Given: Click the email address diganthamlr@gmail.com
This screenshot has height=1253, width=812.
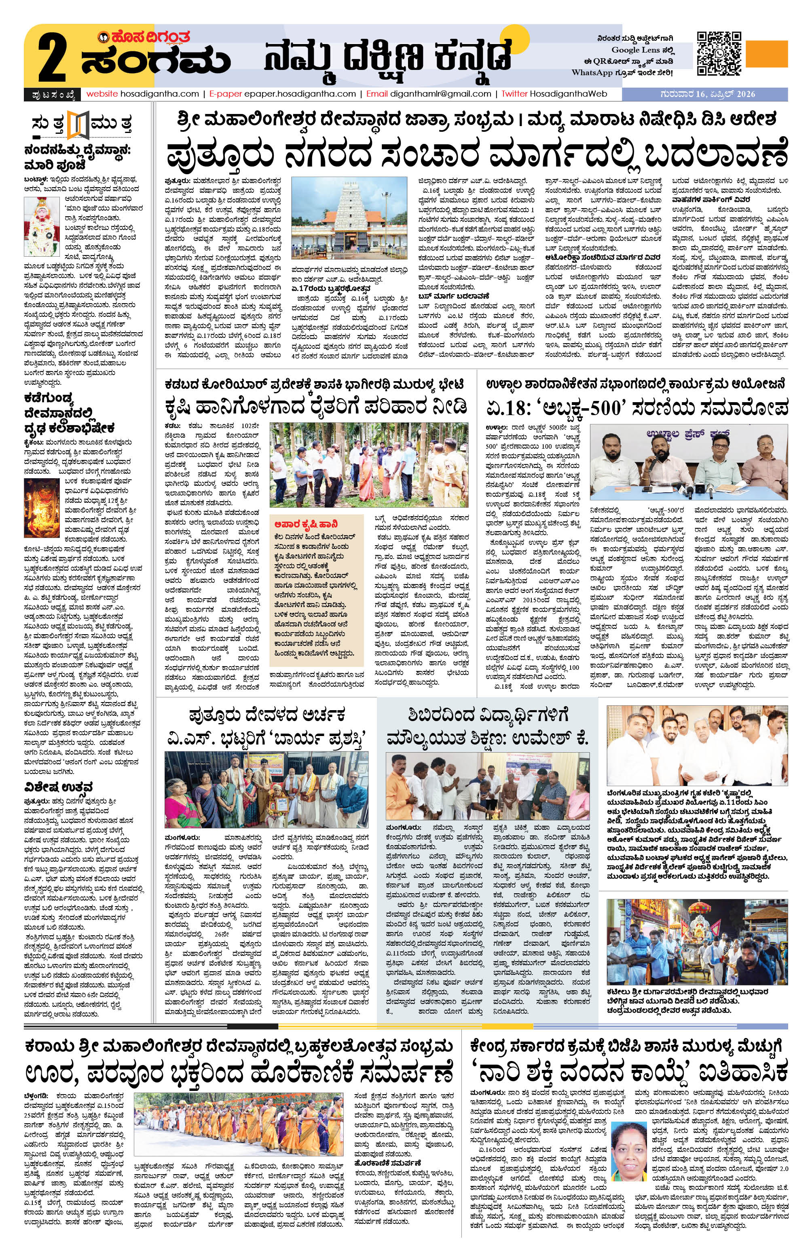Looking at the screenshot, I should pos(440,94).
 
